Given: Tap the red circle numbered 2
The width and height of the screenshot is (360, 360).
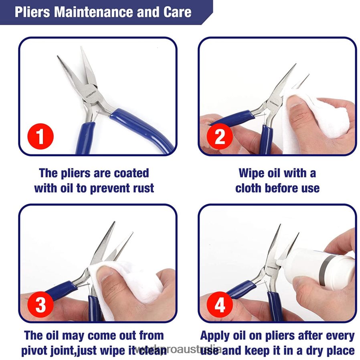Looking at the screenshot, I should (x=220, y=137).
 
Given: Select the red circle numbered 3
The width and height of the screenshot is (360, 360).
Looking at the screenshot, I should (x=40, y=305).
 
